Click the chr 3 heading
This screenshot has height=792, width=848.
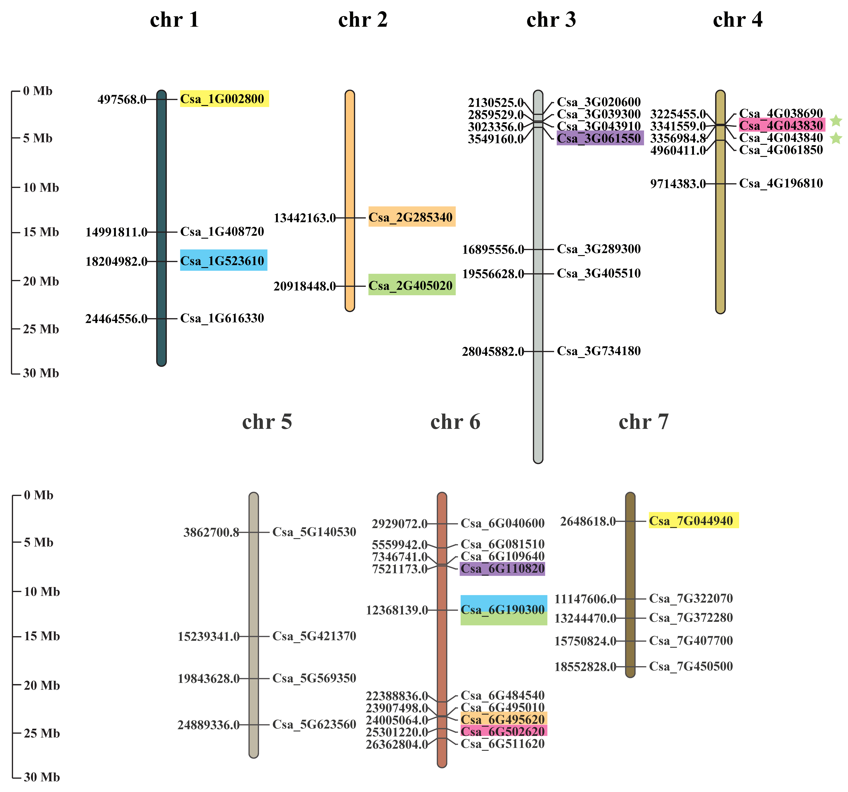click(551, 20)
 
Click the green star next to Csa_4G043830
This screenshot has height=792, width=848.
click(836, 121)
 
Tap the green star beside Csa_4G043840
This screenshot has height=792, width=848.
click(836, 138)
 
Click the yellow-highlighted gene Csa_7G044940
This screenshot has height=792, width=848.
click(691, 521)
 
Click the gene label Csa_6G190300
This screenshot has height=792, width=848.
click(503, 610)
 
